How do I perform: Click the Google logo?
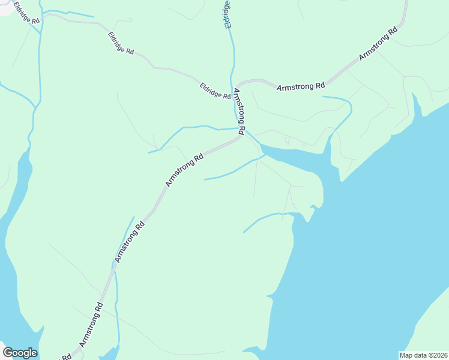(20, 353)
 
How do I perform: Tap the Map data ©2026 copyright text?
(424, 355)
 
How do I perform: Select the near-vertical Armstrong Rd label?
(239, 111)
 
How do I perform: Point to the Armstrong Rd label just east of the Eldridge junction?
(301, 86)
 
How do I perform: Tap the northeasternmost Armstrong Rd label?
(379, 43)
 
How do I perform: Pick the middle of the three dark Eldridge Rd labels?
(121, 43)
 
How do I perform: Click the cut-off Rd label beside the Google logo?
(66, 356)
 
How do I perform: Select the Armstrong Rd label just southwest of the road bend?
(185, 170)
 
